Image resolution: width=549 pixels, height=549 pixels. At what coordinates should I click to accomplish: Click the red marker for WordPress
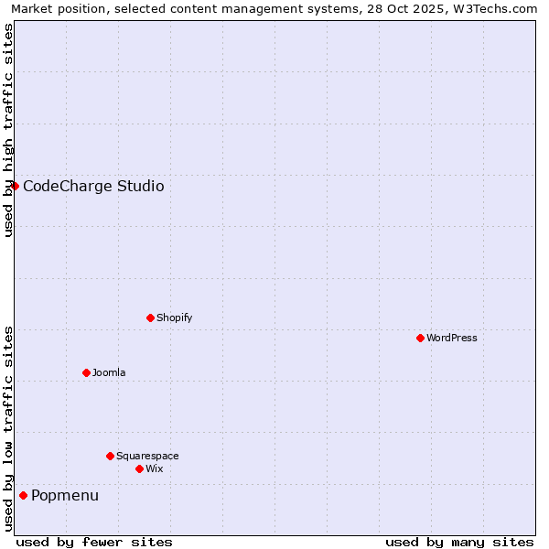click(x=420, y=338)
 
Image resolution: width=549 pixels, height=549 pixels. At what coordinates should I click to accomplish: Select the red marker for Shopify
click(x=150, y=318)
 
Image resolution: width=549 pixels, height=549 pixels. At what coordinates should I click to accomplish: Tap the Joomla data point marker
click(x=86, y=372)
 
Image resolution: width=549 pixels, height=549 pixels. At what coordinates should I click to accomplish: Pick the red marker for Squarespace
click(x=110, y=456)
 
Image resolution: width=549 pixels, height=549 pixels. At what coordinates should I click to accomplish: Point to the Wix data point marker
click(x=139, y=468)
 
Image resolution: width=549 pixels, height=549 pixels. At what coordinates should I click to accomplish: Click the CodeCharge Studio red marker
click(x=15, y=186)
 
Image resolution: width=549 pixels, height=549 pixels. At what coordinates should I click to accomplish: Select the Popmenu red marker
click(x=23, y=495)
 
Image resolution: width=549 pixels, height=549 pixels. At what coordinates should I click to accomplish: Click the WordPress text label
click(x=452, y=338)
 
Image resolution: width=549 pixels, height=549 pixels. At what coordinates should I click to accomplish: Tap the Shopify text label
click(x=174, y=318)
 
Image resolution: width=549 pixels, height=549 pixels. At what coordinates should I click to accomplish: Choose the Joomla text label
click(x=109, y=372)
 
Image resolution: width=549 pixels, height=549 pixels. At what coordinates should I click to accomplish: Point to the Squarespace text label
click(x=147, y=456)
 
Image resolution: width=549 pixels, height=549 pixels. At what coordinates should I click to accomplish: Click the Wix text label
click(x=155, y=468)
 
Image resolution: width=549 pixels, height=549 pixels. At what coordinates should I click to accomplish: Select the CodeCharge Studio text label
click(x=93, y=187)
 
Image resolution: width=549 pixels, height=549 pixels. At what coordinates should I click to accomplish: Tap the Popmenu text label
click(x=65, y=496)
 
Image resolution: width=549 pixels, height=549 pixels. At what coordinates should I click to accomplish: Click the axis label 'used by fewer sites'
click(x=94, y=542)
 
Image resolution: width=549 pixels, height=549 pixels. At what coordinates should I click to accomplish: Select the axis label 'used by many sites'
click(x=459, y=542)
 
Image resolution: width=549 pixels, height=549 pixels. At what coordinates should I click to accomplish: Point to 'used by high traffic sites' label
click(x=8, y=130)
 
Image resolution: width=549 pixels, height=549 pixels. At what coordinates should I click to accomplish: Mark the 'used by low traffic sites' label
click(x=8, y=428)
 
